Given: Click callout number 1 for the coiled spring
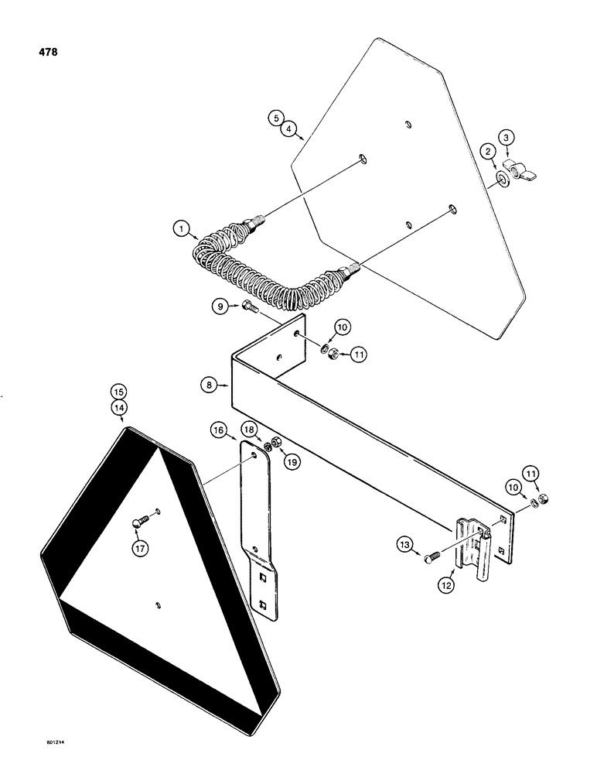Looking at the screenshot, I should [179, 228].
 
